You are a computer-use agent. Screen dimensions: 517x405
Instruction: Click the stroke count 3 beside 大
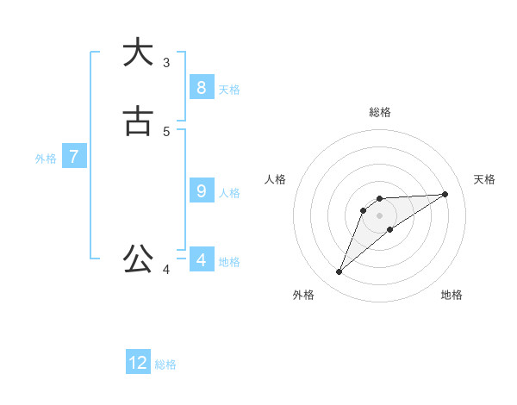point(166,62)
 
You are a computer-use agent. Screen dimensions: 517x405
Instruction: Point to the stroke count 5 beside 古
point(166,131)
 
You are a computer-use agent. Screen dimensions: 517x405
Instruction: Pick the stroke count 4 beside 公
point(166,270)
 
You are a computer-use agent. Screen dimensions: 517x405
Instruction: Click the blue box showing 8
point(201,87)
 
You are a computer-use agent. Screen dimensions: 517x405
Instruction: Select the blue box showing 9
point(201,190)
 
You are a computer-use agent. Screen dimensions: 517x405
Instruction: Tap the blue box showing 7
point(75,157)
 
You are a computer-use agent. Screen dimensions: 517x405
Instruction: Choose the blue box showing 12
point(138,363)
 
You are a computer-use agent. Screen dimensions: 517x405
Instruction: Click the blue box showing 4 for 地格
point(201,259)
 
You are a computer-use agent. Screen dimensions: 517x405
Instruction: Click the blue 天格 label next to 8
point(229,89)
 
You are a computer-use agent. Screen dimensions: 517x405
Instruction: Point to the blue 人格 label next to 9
point(229,192)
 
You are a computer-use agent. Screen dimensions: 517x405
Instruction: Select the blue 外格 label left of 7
point(46,159)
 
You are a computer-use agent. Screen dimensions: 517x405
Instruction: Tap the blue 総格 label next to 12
point(165,364)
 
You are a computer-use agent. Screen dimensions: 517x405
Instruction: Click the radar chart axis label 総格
point(380,112)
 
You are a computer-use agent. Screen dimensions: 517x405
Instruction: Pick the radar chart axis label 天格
point(484,179)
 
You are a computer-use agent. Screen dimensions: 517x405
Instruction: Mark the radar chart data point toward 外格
point(339,272)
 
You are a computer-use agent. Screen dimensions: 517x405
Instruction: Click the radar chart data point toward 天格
point(445,194)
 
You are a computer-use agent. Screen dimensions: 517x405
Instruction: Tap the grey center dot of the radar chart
point(379,215)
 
